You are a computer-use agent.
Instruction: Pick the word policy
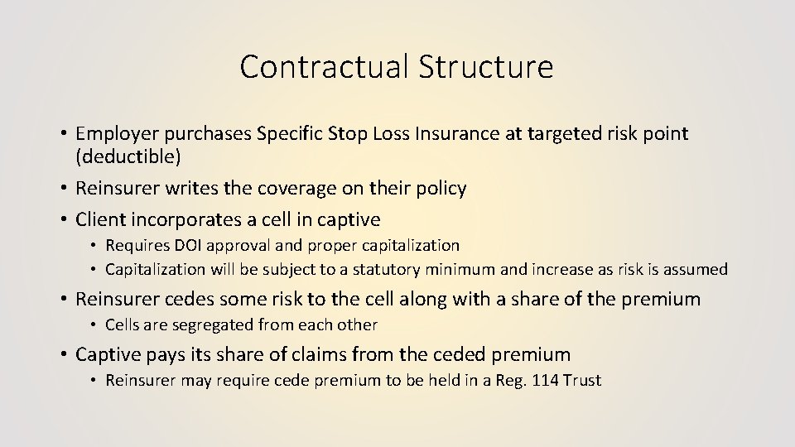(x=439, y=189)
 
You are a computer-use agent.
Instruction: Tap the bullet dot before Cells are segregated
(x=95, y=325)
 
